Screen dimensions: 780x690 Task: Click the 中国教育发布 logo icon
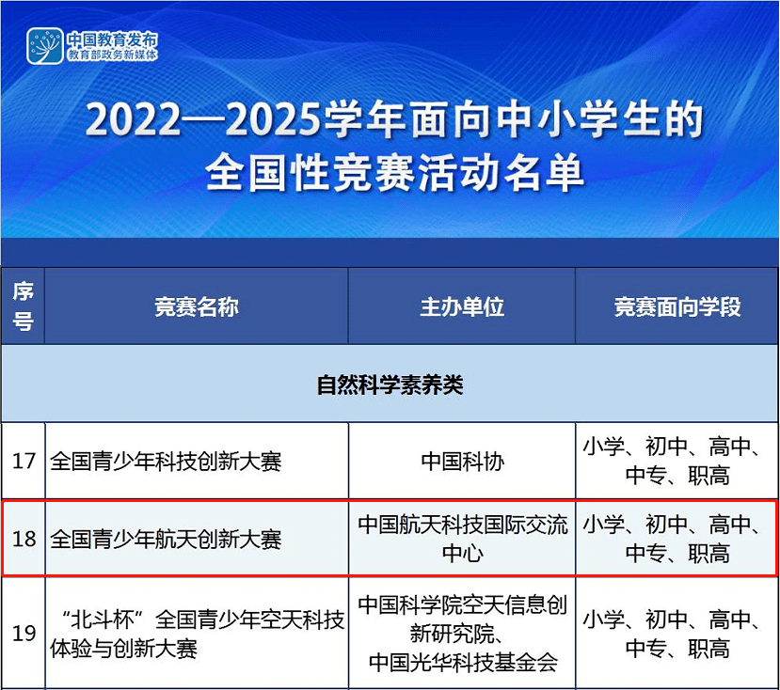45,46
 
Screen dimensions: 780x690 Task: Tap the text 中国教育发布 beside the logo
112,39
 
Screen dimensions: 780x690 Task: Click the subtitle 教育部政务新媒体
112,55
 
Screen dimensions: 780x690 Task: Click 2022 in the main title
133,119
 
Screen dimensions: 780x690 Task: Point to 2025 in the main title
273,119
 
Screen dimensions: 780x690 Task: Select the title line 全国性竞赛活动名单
394,172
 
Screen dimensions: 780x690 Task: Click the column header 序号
23,306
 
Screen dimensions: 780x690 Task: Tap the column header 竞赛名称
197,306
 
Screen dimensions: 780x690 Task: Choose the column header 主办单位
462,306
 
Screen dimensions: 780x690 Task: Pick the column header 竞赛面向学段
677,306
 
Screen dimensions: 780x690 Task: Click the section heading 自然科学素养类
390,384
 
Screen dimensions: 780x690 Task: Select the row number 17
24,461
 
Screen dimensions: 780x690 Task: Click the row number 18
24,539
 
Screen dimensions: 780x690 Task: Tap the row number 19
24,633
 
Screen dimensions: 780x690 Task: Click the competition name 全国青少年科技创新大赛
166,462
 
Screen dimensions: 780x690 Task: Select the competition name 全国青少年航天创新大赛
166,539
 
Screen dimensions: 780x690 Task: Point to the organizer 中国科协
463,462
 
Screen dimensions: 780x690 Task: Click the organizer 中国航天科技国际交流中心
463,539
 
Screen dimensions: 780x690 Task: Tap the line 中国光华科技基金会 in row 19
463,662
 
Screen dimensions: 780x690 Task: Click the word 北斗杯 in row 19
102,619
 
